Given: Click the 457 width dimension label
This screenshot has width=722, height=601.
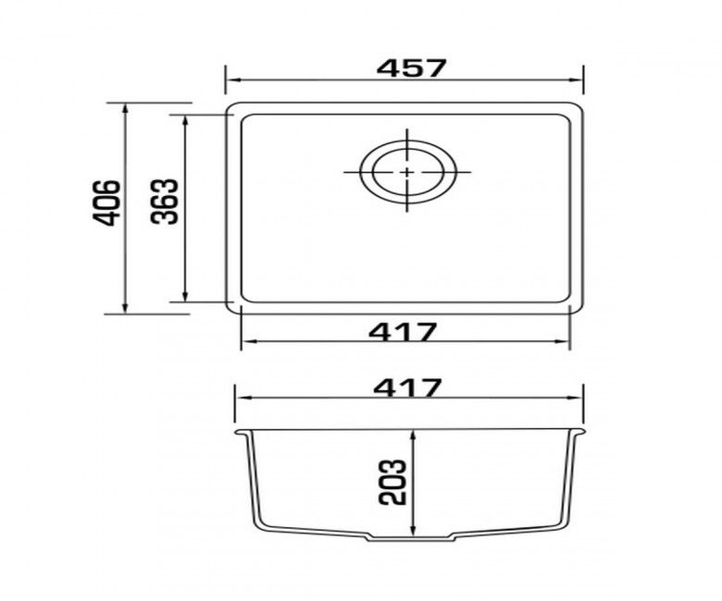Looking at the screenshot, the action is [411, 68].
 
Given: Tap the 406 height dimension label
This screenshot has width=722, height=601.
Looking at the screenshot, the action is [106, 202].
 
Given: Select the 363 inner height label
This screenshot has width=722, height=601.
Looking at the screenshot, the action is [165, 202].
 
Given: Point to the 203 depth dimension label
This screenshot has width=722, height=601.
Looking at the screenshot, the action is [392, 482].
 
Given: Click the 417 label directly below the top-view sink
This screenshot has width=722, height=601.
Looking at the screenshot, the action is [403, 332].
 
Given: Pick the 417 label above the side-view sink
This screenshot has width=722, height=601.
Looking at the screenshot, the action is [408, 387].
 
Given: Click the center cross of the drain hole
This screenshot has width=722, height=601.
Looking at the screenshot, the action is [407, 172].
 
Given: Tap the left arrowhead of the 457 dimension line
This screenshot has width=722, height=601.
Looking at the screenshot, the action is [232, 80].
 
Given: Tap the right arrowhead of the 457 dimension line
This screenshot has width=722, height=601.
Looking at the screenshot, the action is [577, 80].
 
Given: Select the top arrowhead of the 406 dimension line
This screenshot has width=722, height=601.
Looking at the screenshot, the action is [125, 108].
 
